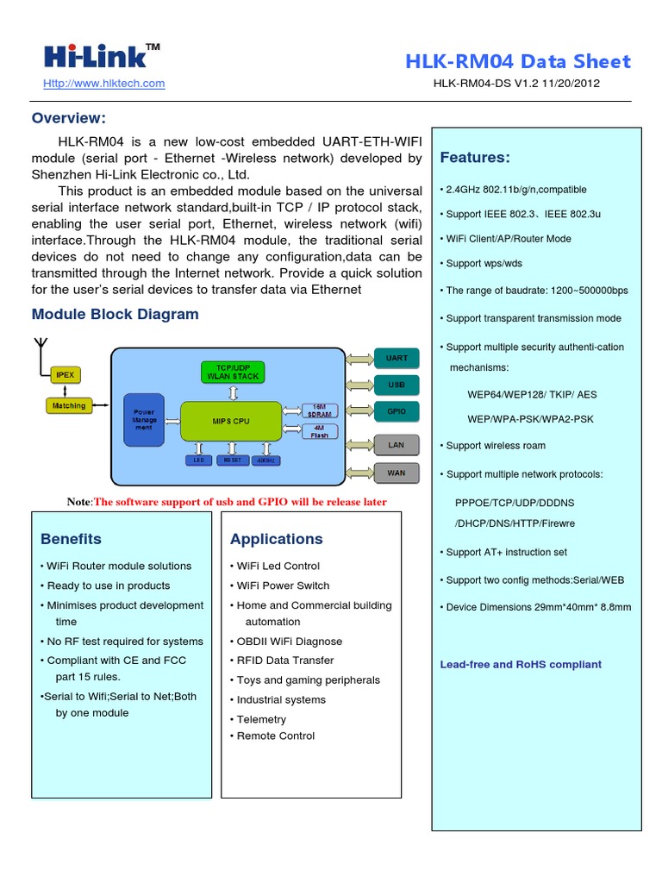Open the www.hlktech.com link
click(x=103, y=84)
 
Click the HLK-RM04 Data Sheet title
click(x=517, y=61)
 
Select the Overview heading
click(x=69, y=118)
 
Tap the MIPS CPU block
click(x=230, y=421)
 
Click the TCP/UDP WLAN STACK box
click(x=231, y=372)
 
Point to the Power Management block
click(x=143, y=420)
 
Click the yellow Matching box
click(x=69, y=405)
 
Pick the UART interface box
click(x=397, y=358)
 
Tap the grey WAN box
click(x=397, y=473)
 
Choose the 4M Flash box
click(x=319, y=431)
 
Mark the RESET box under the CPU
click(x=232, y=460)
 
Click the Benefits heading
click(x=71, y=539)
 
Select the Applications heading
click(x=276, y=539)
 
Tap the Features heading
click(x=475, y=157)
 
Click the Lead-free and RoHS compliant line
click(x=521, y=664)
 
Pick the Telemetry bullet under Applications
click(x=261, y=719)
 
